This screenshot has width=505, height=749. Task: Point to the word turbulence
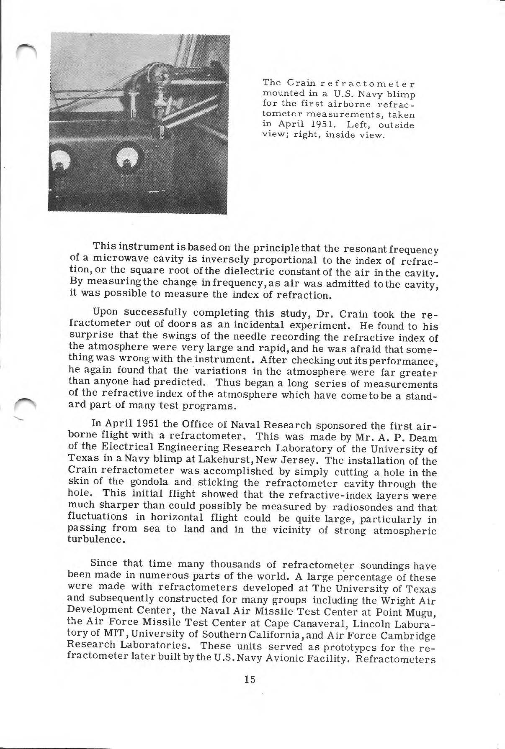(91, 539)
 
